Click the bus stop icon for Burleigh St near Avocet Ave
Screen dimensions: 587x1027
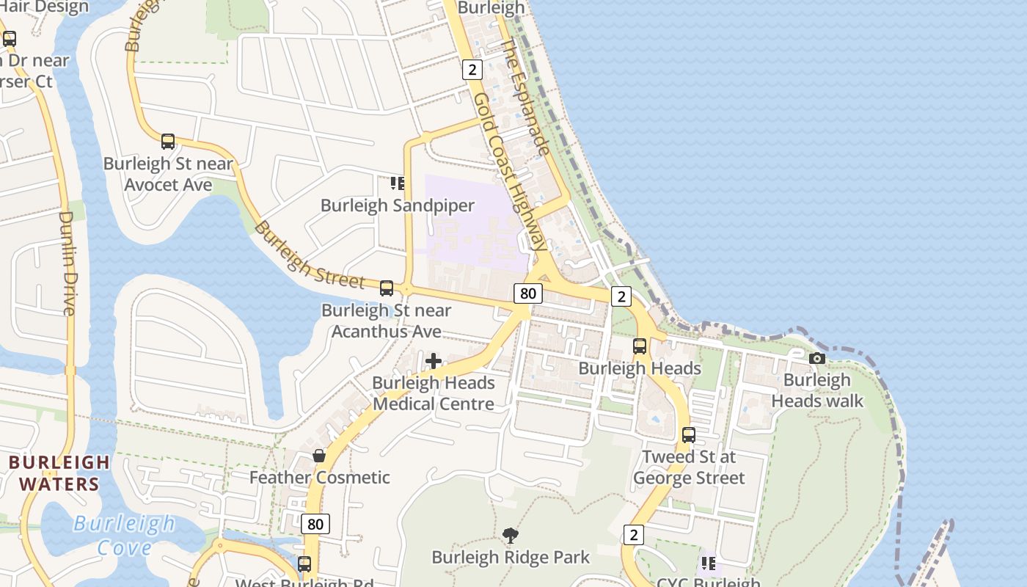coord(168,142)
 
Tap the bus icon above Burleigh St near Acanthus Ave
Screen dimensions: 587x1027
coord(387,288)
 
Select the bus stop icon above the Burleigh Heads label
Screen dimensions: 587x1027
coord(640,346)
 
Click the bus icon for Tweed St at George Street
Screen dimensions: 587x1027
coord(688,434)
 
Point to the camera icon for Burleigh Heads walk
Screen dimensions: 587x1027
coord(816,358)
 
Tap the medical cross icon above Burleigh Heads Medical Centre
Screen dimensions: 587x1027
coord(434,361)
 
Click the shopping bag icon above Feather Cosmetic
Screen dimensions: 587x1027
coord(319,456)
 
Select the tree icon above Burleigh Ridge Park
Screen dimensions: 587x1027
coord(511,536)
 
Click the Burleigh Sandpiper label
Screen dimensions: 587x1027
coord(397,205)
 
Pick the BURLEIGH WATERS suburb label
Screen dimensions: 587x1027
coord(59,473)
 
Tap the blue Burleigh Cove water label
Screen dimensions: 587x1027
coord(124,535)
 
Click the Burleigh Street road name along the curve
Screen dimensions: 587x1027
coord(309,255)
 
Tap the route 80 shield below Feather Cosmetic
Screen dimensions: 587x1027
coord(315,524)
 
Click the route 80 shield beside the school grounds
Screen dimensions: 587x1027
coord(527,293)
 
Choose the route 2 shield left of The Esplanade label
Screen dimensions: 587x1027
coord(472,70)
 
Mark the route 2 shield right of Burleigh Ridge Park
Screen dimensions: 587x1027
coord(633,534)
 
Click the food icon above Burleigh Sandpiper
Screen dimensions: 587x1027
coord(397,183)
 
